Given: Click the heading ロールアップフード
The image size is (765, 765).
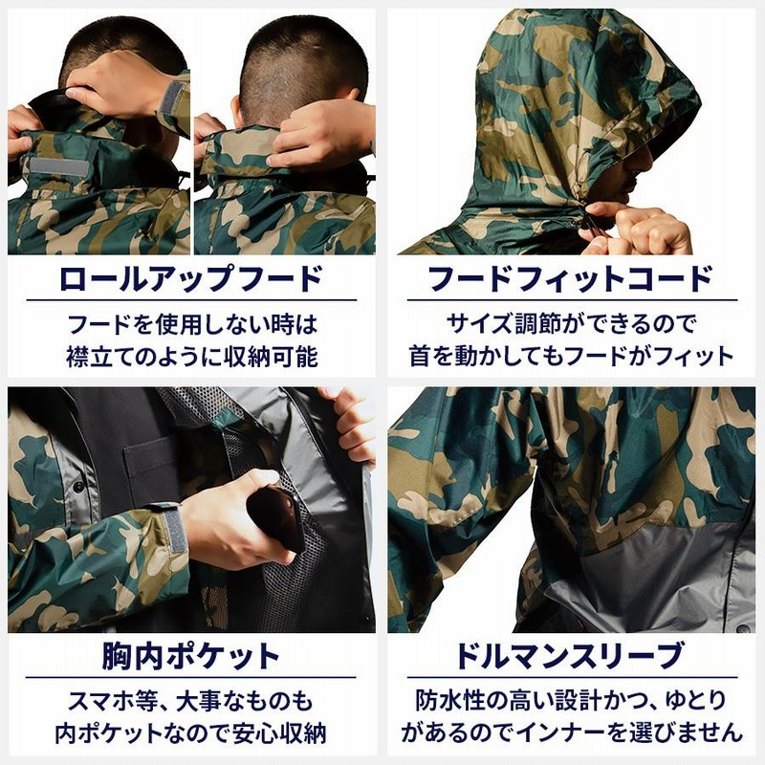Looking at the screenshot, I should click(191, 279).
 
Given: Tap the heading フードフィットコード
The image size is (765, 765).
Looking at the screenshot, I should click(571, 279).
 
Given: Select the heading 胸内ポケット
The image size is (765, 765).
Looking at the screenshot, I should click(191, 657).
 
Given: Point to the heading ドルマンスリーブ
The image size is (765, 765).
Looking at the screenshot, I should click(571, 657).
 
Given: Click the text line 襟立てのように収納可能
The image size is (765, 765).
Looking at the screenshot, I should click(191, 357).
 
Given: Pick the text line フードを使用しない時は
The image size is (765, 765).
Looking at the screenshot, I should click(191, 322).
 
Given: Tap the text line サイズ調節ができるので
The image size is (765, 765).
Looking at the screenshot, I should click(571, 322).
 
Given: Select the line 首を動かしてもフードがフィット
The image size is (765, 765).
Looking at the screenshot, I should click(571, 357).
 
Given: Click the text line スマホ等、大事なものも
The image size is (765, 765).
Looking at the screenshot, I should click(191, 699).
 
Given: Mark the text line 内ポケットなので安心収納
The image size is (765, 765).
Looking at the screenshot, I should click(191, 733).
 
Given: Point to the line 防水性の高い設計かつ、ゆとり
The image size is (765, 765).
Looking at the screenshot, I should click(571, 699).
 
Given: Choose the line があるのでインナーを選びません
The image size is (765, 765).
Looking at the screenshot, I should click(571, 733).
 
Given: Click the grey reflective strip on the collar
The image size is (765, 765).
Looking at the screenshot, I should click(58, 167).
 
